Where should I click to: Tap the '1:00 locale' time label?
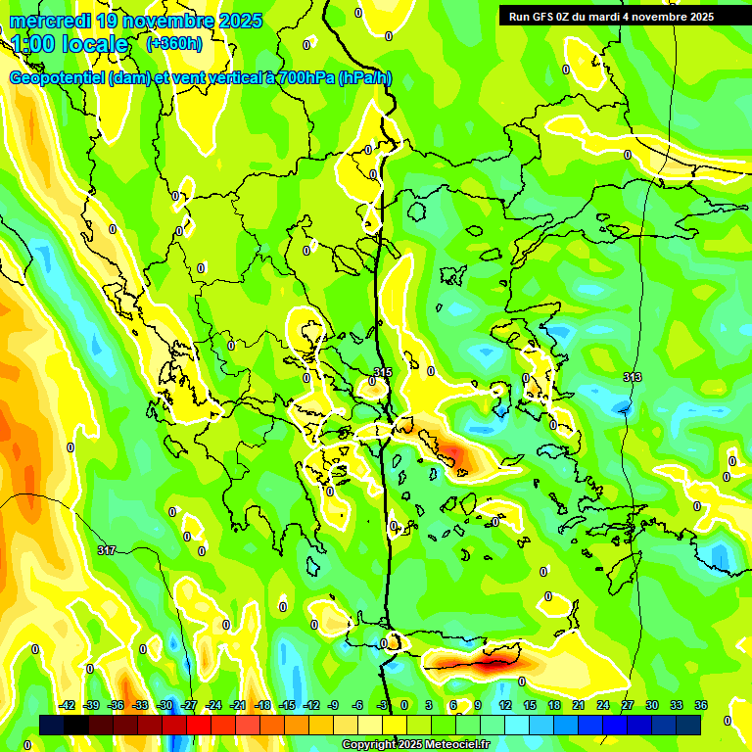point(70,44)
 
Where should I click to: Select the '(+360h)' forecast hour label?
point(174,44)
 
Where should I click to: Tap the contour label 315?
point(383,372)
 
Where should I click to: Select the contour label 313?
point(632,377)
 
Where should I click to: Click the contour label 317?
point(107,550)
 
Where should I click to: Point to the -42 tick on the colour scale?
point(68,705)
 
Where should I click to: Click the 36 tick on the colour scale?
point(700,705)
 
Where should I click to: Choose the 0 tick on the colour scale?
point(404,705)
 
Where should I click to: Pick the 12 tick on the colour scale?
point(504,705)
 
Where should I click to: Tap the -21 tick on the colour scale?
point(238,705)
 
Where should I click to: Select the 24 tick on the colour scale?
point(602,705)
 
